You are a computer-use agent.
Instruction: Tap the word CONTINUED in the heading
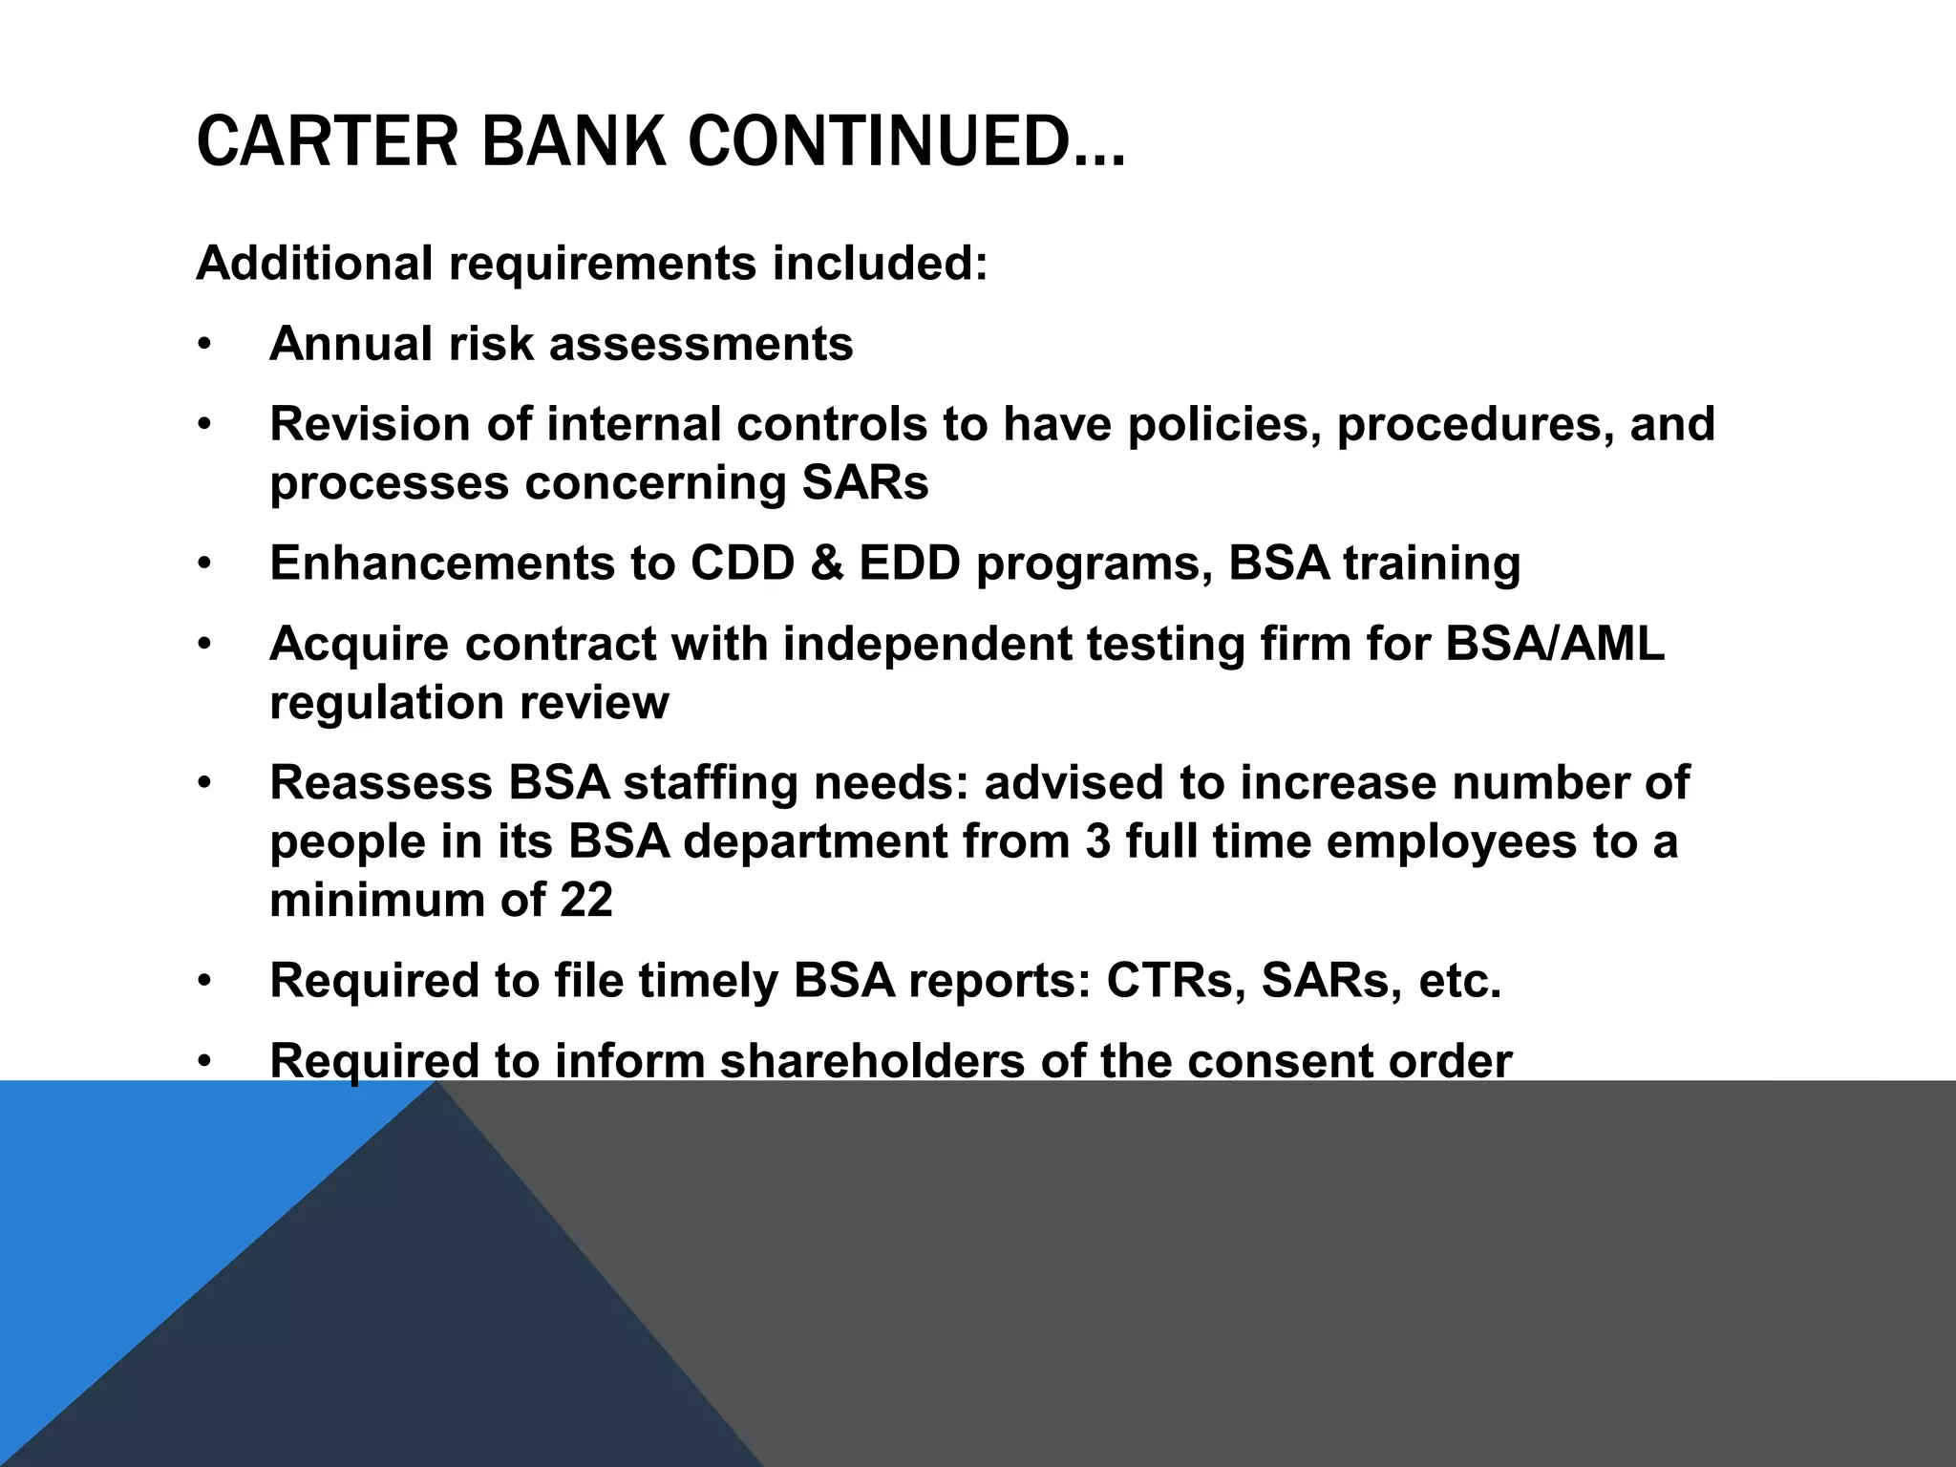point(906,141)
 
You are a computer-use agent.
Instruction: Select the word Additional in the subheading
point(314,263)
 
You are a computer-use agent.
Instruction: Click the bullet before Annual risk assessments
point(202,345)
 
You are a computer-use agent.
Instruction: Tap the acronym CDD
point(742,563)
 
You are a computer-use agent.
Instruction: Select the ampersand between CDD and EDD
point(826,563)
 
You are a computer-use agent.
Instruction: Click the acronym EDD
point(909,563)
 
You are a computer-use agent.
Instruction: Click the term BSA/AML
point(1555,643)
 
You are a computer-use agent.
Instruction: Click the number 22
point(585,901)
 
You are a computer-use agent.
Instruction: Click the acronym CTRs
point(1176,981)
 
